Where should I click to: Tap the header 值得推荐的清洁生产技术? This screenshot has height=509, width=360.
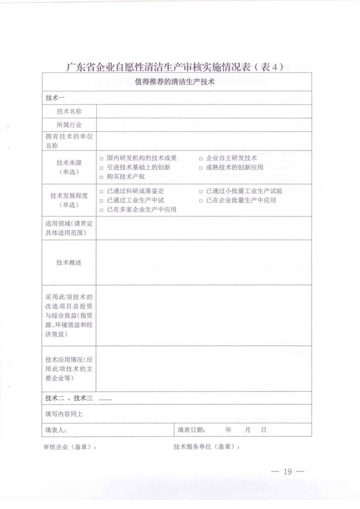(175, 83)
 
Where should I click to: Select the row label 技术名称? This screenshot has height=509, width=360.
(69, 111)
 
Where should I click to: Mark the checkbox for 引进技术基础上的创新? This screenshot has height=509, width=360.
(102, 167)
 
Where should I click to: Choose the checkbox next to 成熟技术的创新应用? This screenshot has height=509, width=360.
(201, 167)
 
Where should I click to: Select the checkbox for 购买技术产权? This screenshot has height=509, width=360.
(102, 176)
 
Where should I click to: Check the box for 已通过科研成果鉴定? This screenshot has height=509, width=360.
(102, 191)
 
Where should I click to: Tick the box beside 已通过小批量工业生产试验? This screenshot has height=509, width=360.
(201, 191)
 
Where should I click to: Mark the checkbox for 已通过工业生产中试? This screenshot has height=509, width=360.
(102, 200)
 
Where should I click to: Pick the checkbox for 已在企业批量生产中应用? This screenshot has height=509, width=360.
(201, 200)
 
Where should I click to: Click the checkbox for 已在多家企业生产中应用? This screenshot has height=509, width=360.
(102, 209)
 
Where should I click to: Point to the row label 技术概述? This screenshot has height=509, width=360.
(69, 263)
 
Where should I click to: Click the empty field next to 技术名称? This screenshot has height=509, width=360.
(203, 111)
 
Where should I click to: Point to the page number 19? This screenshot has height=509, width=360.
(286, 471)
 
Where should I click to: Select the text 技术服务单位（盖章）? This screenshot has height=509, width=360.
(206, 446)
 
